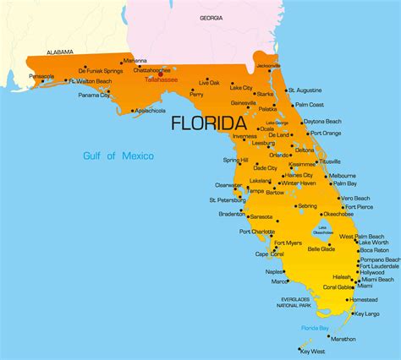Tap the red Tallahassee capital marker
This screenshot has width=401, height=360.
click(161, 74)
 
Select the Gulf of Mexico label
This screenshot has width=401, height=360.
click(118, 155)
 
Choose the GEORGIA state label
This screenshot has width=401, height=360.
click(211, 18)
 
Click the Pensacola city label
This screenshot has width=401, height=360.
click(41, 76)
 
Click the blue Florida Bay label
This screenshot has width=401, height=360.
click(316, 327)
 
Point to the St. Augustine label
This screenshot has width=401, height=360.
click(304, 90)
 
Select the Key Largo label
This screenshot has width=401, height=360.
click(366, 314)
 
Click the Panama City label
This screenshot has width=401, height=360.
click(94, 95)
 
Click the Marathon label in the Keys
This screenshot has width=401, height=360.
click(343, 339)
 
